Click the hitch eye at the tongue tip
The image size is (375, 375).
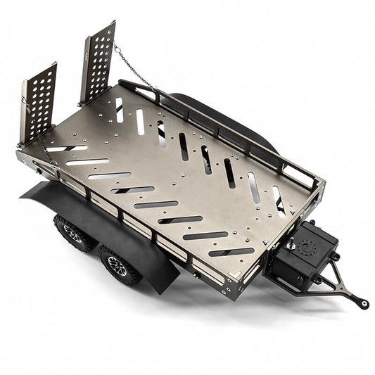tap(363, 305)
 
